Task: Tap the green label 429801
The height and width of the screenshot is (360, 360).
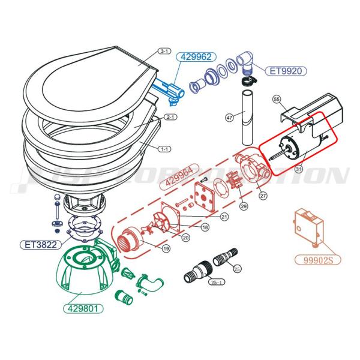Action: [x=82, y=309]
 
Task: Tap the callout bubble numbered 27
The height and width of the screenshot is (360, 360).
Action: [x=262, y=195]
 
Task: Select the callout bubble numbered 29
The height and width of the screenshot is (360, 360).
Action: [x=244, y=206]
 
